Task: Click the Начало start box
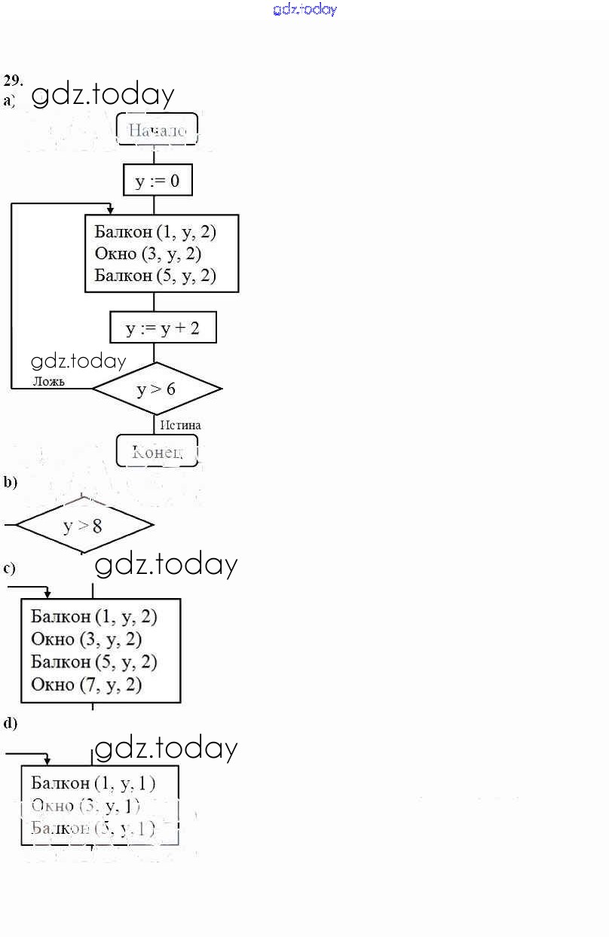(157, 130)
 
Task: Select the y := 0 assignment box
(157, 181)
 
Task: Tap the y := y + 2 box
(163, 328)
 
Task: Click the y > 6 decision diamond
(157, 389)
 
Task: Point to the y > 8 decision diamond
(84, 525)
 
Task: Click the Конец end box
(157, 451)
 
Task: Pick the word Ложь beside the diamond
(48, 381)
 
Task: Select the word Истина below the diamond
(180, 425)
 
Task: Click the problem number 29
(13, 80)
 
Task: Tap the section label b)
(10, 483)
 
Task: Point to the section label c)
(10, 568)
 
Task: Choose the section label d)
(10, 723)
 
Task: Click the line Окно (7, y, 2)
(86, 685)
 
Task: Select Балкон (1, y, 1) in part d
(93, 783)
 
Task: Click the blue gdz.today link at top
(304, 10)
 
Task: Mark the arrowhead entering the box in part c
(47, 594)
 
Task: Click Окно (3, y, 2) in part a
(148, 253)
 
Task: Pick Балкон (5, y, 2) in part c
(93, 662)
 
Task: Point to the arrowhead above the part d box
(47, 762)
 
